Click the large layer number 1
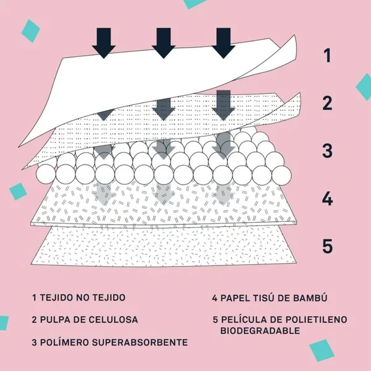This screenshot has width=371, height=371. coord(328,56)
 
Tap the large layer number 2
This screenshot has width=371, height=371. coord(327,103)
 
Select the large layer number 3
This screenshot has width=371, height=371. coord(327,151)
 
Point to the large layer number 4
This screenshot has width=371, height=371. coord(328,198)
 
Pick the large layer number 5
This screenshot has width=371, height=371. coord(328,246)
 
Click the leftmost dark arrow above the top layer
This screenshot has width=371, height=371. coord(104,43)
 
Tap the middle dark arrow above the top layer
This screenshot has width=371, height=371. coord(163,43)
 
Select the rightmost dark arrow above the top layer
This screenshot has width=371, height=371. coord(223,43)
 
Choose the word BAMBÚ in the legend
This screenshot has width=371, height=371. coord(310,297)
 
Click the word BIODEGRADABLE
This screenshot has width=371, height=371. coord(260,331)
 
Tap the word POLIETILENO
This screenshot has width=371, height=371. coord(316,320)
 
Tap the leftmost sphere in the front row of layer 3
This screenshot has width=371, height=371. coord(46,174)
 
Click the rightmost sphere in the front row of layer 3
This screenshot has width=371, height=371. coord(281,176)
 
